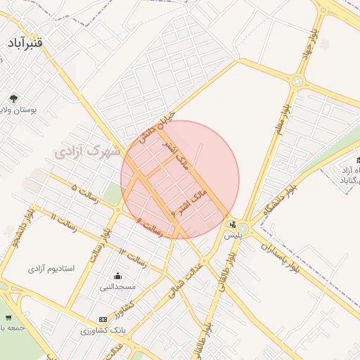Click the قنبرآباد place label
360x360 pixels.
(x=26, y=44)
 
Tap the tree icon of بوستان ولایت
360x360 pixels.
(x=14, y=98)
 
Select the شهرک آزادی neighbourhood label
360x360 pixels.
(x=88, y=150)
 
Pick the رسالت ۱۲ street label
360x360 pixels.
(x=132, y=257)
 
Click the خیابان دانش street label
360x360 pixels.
(x=156, y=127)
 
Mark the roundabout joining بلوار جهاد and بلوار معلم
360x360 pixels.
(x=297, y=82)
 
